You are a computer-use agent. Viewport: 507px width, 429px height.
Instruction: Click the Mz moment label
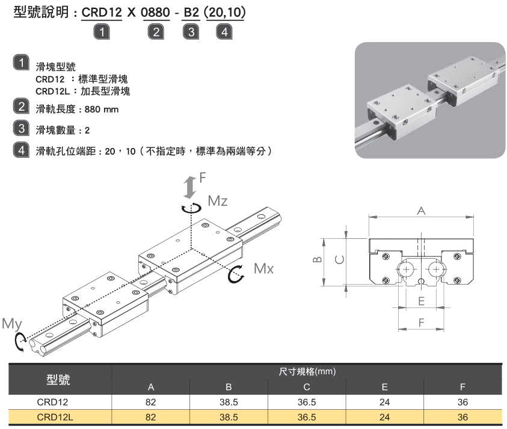[218, 201]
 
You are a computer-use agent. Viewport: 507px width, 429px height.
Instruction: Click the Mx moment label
[263, 269]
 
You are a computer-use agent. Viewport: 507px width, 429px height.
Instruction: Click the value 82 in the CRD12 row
[151, 401]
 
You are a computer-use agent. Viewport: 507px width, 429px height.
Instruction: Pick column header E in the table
[384, 387]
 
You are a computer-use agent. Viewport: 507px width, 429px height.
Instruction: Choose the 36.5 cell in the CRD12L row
[307, 416]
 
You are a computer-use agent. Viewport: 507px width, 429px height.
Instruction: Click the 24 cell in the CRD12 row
[384, 401]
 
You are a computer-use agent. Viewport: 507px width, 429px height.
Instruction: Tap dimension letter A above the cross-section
[421, 211]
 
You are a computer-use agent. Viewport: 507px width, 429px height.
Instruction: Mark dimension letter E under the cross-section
[421, 300]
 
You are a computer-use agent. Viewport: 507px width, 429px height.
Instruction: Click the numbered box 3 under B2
[191, 32]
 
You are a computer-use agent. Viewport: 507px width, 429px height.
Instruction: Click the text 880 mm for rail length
[102, 110]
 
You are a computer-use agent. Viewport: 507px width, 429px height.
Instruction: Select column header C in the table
[307, 387]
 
